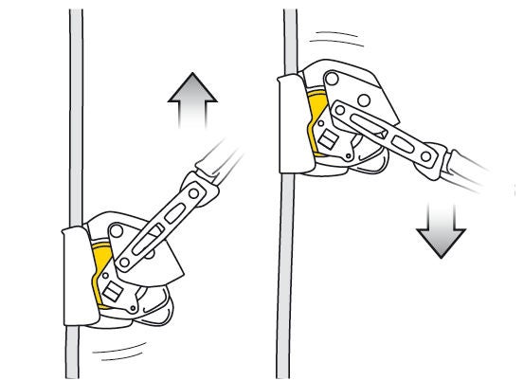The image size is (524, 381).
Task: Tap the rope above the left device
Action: tap(75, 114)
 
